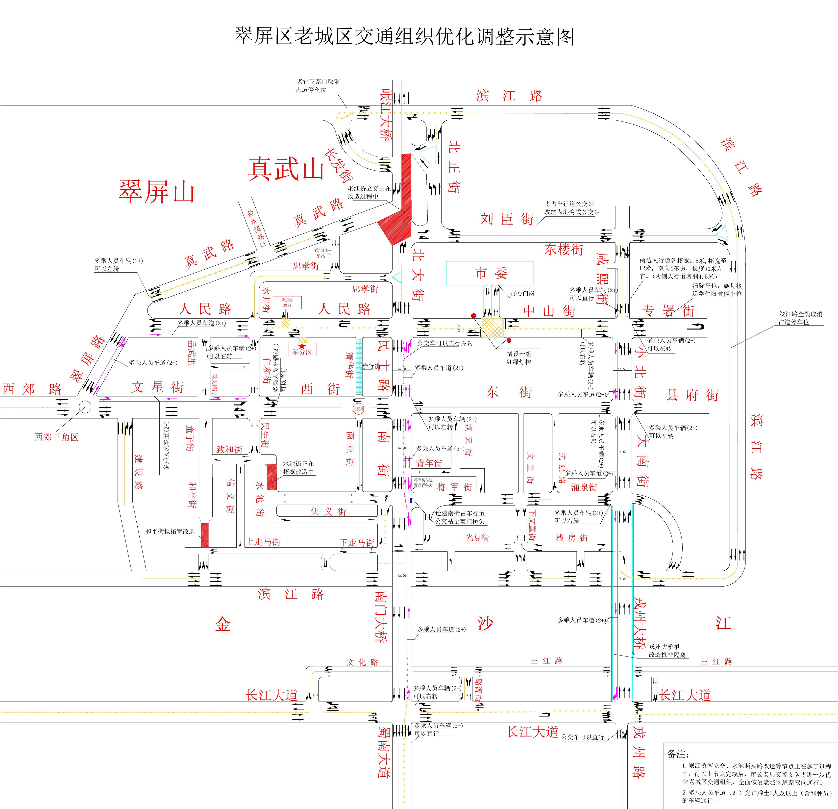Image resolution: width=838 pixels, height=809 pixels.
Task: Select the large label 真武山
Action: tap(286, 169)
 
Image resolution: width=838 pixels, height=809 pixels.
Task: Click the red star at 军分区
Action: tap(302, 346)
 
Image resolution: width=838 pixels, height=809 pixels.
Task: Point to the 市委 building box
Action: tap(490, 273)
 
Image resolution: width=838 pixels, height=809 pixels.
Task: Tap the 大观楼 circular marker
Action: tap(358, 408)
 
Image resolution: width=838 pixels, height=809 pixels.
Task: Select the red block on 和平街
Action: tap(205, 535)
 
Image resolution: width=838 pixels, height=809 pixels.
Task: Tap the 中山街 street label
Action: tap(549, 311)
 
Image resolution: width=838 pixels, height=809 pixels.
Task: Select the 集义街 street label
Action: tap(328, 511)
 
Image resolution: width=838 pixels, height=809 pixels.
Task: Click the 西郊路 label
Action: tap(32, 389)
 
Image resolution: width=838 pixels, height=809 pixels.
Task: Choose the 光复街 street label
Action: tap(477, 537)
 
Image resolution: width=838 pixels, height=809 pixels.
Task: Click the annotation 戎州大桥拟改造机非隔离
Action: tap(667, 651)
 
